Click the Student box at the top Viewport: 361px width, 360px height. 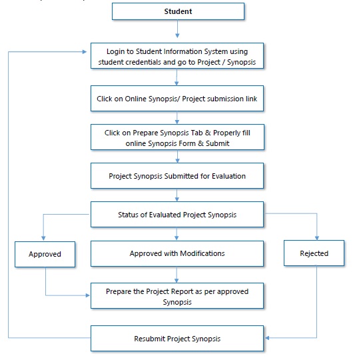178,11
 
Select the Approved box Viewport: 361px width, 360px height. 45,254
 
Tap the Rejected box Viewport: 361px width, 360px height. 314,253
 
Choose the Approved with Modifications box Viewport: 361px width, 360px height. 177,253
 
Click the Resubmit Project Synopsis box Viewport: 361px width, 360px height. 177,339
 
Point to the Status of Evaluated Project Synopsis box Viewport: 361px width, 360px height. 177,215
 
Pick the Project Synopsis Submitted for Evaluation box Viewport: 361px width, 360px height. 177,176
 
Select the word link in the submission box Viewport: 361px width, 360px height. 251,99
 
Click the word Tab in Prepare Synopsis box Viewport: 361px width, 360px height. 197,133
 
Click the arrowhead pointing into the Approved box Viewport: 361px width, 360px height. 43,238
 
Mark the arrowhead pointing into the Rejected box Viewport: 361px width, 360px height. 317,238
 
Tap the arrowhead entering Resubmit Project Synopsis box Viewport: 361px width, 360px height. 267,338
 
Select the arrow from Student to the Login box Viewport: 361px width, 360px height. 177,29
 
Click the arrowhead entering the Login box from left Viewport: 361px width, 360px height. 85,52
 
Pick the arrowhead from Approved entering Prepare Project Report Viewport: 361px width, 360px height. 87,295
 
